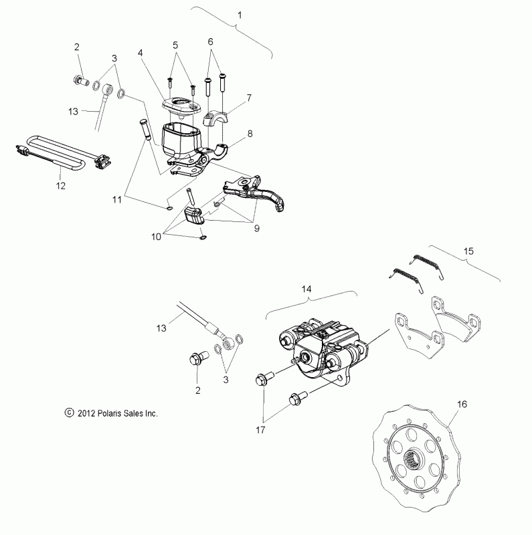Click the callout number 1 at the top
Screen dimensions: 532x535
coord(240,15)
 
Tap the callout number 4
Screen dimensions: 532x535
coord(141,53)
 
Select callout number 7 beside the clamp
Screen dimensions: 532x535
coord(249,98)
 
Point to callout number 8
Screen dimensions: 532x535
coord(250,134)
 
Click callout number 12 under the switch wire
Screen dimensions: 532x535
coord(60,186)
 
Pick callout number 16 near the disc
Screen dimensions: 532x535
coord(462,405)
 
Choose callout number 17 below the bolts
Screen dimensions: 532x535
coord(260,430)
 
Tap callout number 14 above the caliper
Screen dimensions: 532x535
coord(306,289)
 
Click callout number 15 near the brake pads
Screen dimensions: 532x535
coord(469,251)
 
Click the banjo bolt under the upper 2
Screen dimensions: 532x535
coord(80,81)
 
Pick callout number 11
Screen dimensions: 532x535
coord(117,199)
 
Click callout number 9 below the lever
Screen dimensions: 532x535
coord(257,228)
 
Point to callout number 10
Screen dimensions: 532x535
coord(156,237)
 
